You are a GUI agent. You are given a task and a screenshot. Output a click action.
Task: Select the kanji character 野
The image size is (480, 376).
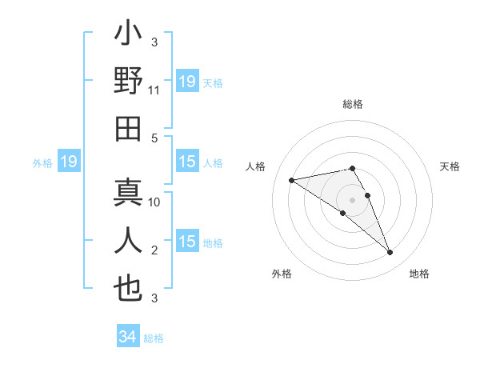tap(128, 82)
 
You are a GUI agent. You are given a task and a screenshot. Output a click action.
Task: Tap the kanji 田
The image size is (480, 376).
tap(128, 127)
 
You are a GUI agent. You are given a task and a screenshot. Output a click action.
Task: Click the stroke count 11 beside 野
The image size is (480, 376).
tap(154, 91)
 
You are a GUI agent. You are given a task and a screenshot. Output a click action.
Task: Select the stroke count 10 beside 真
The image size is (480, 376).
tap(154, 202)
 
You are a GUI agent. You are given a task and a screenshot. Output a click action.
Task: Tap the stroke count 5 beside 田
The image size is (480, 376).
tap(154, 138)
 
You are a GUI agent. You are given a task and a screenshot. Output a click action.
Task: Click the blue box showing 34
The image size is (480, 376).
tap(128, 338)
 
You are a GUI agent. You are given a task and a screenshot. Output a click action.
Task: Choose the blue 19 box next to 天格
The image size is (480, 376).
tap(187, 82)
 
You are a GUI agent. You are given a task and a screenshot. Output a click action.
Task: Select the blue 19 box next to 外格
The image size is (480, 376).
tap(69, 162)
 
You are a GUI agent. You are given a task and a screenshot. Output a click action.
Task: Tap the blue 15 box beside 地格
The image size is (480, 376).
tap(187, 242)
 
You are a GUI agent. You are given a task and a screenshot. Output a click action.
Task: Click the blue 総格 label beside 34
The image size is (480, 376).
tap(154, 338)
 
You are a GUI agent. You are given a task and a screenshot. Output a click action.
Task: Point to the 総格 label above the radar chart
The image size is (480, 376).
tap(352, 104)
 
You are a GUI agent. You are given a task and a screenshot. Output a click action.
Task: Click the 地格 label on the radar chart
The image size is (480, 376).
tap(419, 274)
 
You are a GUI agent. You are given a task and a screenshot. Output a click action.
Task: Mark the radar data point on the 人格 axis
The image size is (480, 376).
tap(292, 179)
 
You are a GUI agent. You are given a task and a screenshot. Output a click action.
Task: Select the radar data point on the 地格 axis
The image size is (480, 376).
tap(390, 253)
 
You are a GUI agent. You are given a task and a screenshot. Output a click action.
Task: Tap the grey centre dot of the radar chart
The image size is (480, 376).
tap(352, 199)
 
